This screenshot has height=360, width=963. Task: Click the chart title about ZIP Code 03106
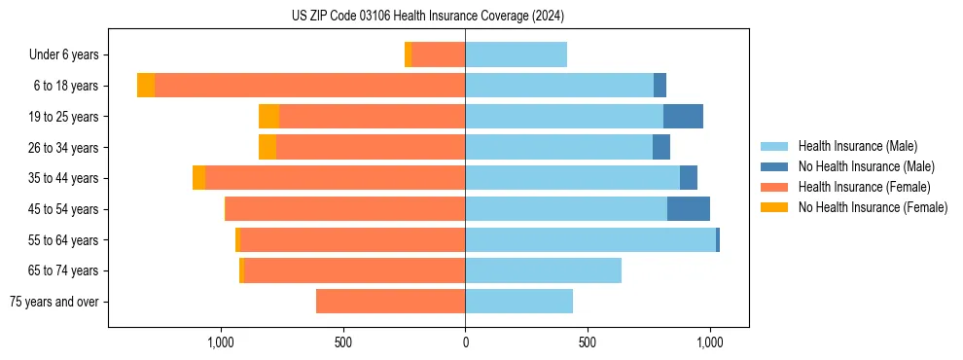pos(427,17)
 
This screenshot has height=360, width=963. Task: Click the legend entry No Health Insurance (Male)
pos(866,166)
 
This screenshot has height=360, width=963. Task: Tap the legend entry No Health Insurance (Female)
pos(873,207)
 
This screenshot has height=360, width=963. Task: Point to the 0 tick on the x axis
pos(465,342)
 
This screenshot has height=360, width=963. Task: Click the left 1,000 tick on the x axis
pos(221,342)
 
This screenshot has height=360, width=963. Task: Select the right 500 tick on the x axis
pos(587,342)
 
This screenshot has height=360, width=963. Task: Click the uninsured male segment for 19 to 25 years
pos(683,117)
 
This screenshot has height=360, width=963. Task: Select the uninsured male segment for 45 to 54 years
pos(689,209)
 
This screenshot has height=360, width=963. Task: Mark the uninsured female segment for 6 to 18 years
pos(146,86)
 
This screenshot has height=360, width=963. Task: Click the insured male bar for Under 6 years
pos(516,54)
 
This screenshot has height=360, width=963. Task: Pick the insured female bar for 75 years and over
pos(390,302)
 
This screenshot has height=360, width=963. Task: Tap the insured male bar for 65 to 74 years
pos(543,270)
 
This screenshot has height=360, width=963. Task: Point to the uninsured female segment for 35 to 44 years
pos(198,178)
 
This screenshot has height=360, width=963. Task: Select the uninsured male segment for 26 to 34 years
pos(661,147)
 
